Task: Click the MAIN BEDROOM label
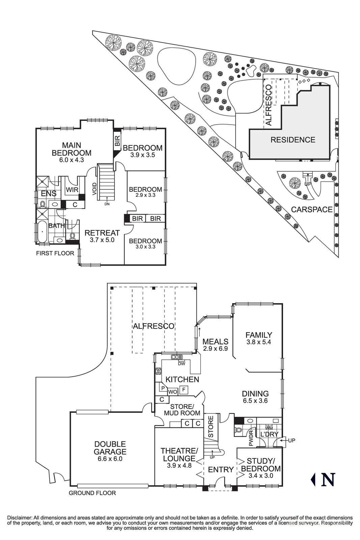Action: (72, 149)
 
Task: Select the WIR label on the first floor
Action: (72, 190)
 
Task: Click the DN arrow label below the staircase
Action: (107, 204)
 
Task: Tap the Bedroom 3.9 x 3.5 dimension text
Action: (142, 155)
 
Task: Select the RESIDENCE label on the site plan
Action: (293, 140)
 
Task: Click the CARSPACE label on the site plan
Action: (311, 209)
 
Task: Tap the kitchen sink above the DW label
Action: (176, 357)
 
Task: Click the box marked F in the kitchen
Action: (184, 389)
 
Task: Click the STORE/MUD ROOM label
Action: (182, 409)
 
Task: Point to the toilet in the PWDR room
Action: (238, 431)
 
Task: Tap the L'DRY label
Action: (269, 434)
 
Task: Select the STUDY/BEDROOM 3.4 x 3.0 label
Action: (260, 468)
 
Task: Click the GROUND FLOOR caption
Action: (92, 493)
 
